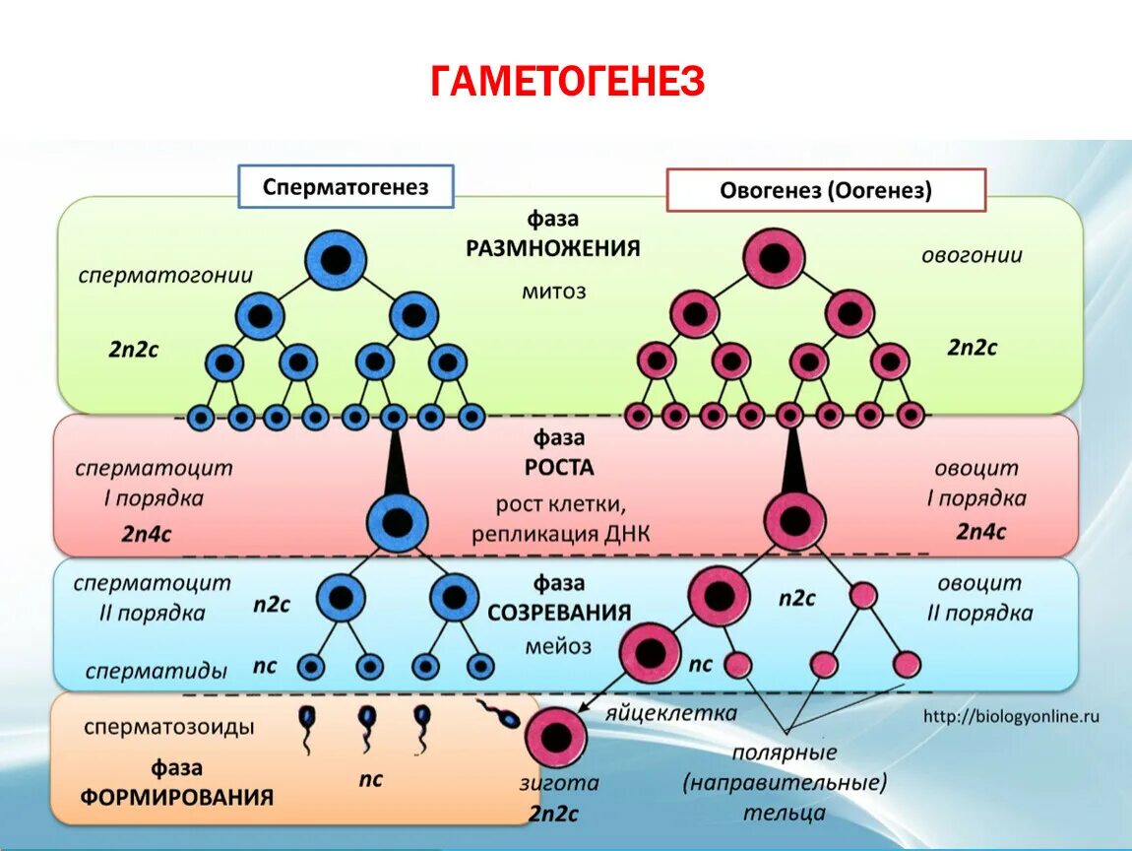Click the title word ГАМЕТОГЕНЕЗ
pos(567,81)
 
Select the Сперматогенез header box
pos(346,186)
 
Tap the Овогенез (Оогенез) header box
pos(825,190)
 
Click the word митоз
pos(553,291)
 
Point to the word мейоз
pos(558,646)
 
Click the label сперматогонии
pos(166,275)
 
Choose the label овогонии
pos(971,255)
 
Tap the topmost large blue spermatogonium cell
pos(336,260)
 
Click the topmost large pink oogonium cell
pos(774,259)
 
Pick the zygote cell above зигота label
pos(555,738)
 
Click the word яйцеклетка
pos(671,712)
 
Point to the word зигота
pos(558,784)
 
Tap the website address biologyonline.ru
pos(1010,716)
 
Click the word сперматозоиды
pos(169,727)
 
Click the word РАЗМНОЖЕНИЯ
pos(553,247)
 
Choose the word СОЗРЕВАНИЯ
pos(558,613)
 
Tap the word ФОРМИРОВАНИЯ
pos(177,797)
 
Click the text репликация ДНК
pos(560,534)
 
